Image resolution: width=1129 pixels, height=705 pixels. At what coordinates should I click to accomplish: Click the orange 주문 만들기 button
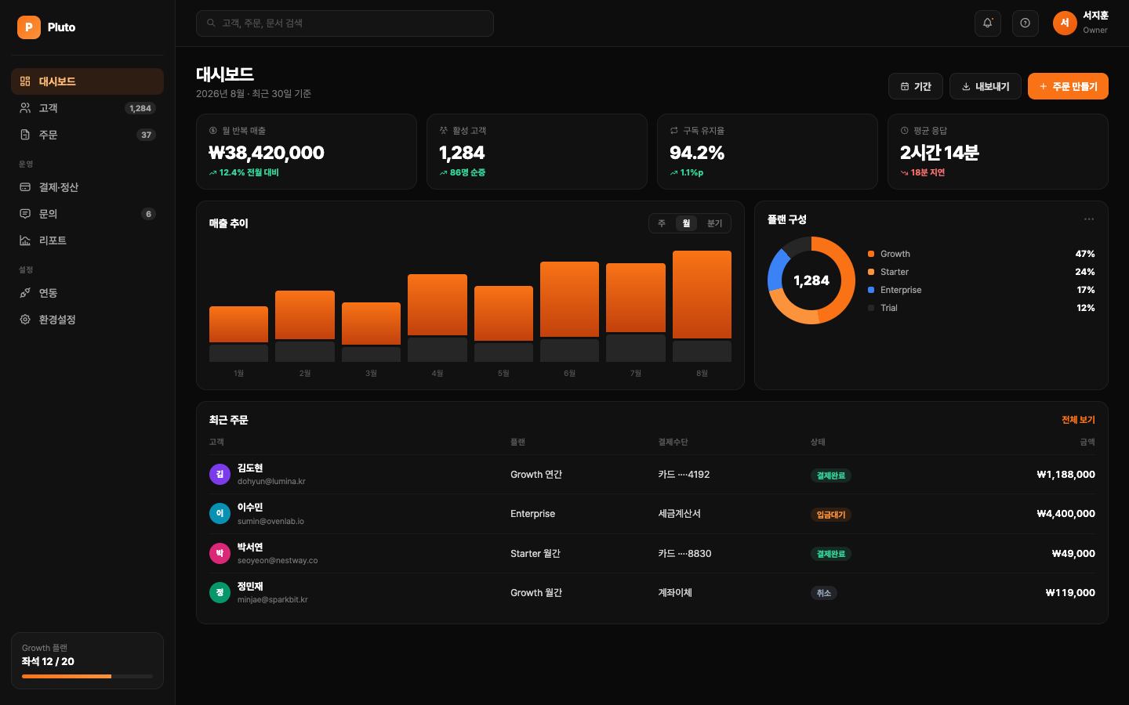tap(1068, 86)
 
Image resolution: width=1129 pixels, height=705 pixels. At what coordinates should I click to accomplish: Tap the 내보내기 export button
tap(985, 86)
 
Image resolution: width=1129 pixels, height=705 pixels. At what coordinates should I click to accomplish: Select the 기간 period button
tap(915, 86)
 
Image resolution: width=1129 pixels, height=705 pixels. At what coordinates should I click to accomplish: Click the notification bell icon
tap(987, 23)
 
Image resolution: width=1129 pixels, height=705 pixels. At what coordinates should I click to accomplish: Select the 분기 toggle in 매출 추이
tap(714, 223)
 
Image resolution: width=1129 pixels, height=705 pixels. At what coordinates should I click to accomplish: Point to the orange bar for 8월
tap(702, 295)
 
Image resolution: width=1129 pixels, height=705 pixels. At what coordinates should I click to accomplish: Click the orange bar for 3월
tap(371, 324)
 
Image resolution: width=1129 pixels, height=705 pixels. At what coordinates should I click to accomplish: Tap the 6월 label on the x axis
tap(569, 373)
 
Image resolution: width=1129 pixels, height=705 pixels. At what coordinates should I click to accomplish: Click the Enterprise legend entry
tap(895, 290)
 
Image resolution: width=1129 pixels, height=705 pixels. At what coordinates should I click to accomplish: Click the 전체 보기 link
tap(1078, 420)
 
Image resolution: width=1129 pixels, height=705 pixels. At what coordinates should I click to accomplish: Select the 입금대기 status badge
tap(830, 515)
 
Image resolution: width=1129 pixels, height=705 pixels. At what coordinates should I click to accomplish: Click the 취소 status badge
tap(823, 593)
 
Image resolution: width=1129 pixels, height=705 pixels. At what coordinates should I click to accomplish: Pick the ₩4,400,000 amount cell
tap(1065, 514)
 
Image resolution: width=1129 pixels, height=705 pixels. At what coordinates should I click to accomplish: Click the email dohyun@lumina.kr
tap(271, 482)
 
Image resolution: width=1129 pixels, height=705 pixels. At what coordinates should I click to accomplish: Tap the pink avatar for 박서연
tap(220, 553)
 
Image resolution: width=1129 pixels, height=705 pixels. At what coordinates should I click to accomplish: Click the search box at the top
tap(345, 23)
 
